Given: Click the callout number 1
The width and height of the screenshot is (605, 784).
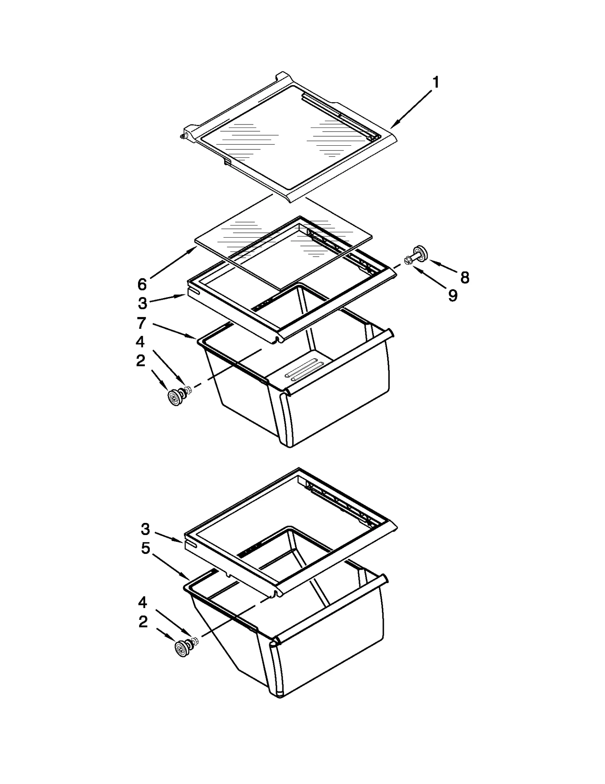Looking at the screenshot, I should point(436,82).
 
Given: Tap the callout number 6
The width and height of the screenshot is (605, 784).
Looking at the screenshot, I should point(142,284).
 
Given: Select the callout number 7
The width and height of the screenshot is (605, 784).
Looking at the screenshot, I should point(141,323).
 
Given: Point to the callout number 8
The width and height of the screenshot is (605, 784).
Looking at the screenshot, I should point(465,277).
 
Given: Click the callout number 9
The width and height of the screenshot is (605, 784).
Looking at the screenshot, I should point(453,295).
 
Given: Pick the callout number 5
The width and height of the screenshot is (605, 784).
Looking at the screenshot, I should point(146,548).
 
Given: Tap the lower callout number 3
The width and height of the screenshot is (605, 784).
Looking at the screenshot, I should point(146,529).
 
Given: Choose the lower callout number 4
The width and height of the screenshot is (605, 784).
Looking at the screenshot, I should point(143,602).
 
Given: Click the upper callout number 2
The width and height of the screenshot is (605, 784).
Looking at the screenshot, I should point(140,361).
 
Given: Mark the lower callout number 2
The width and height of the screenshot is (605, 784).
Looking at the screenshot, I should point(143,622).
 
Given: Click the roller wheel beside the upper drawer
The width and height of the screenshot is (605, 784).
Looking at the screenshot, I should point(175,398).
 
